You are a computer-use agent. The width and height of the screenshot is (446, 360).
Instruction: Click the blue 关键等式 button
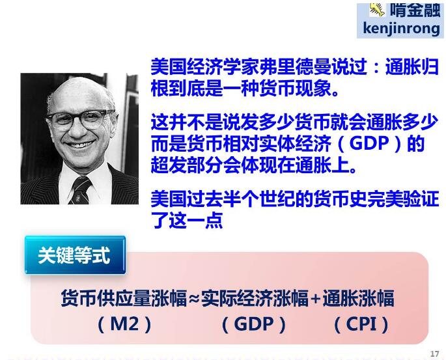[x=75, y=255]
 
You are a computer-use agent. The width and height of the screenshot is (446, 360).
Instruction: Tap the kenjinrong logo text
[x=401, y=29]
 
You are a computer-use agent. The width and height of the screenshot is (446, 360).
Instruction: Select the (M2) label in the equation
[x=124, y=324]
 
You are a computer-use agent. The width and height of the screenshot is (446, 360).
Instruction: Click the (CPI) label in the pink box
[x=361, y=324]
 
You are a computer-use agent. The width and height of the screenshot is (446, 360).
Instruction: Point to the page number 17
[x=434, y=353]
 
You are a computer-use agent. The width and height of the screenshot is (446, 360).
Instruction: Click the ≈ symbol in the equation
[x=194, y=299]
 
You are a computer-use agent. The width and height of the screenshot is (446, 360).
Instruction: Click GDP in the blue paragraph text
[x=369, y=143]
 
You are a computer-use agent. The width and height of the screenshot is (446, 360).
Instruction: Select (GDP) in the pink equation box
[x=254, y=324]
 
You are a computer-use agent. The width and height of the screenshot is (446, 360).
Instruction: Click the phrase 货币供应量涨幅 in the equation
[x=124, y=299]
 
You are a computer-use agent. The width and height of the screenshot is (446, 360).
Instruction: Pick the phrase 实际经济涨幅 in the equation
[x=255, y=299]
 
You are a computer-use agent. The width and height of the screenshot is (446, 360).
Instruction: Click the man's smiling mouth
[x=81, y=144]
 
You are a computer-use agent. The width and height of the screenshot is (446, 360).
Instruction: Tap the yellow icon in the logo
[x=377, y=9]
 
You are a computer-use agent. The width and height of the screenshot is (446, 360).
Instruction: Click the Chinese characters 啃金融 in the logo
[x=415, y=10]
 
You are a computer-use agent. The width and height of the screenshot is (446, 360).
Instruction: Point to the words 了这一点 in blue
[x=187, y=220]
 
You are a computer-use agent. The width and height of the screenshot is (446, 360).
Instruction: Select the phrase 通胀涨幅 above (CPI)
[x=358, y=299]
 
